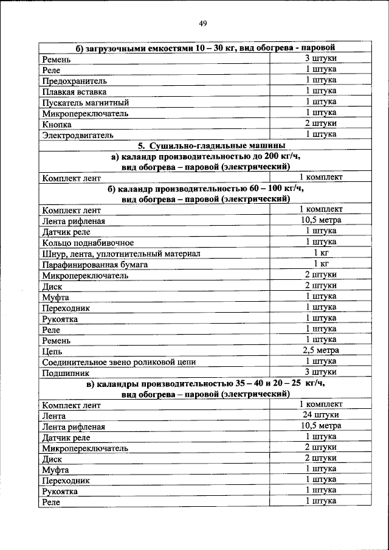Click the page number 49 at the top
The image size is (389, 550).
(203, 24)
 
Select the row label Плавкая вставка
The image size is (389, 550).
(70, 92)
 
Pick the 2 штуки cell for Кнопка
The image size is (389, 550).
(321, 123)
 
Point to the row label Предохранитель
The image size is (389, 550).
(75, 81)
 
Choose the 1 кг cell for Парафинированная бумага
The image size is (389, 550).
(321, 263)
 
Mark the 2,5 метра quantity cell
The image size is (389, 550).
(321, 350)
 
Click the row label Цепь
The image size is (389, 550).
(52, 351)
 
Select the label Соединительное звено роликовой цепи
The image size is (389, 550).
(119, 362)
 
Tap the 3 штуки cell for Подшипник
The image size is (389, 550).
(321, 372)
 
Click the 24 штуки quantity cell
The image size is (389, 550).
(321, 414)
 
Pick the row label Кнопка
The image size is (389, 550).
(57, 124)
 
